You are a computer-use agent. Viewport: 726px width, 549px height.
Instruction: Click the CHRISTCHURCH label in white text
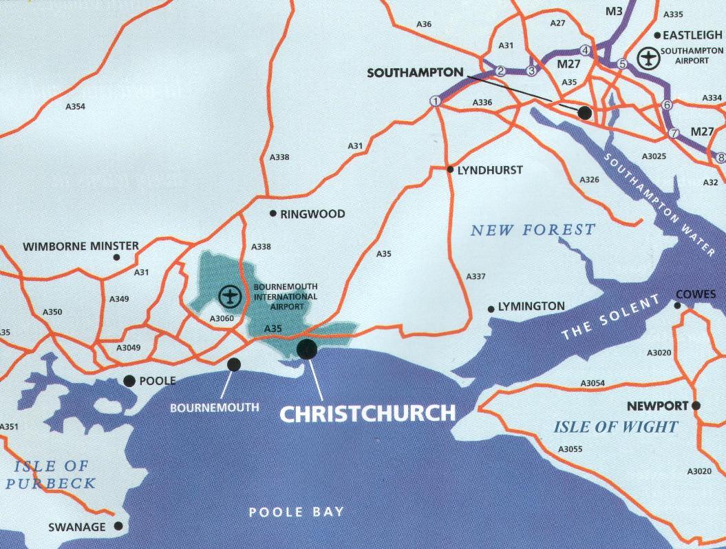point(367,413)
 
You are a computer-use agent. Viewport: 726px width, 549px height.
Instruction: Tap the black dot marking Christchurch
point(306,349)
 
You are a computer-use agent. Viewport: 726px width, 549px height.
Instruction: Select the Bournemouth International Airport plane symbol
point(228,297)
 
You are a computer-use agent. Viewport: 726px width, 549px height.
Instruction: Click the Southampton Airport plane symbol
point(648,58)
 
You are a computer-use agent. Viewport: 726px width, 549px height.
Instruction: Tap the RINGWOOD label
point(312,214)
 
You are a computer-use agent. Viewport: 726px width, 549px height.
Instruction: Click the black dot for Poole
point(129,380)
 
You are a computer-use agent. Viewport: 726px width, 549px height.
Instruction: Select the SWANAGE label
point(77,528)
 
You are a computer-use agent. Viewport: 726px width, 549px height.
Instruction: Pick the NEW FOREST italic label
point(533,230)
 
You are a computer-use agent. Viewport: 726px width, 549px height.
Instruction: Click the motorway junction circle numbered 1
point(435,101)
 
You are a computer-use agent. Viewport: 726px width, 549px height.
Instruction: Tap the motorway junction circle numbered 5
point(623,64)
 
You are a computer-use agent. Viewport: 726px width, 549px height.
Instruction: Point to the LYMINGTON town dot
point(490,308)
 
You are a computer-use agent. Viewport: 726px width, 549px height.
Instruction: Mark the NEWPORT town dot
point(696,406)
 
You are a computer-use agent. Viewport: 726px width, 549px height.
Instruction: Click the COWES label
point(696,295)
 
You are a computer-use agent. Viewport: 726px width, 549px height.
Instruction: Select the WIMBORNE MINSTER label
point(81,246)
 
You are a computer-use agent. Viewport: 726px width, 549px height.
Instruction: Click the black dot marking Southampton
point(584,112)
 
